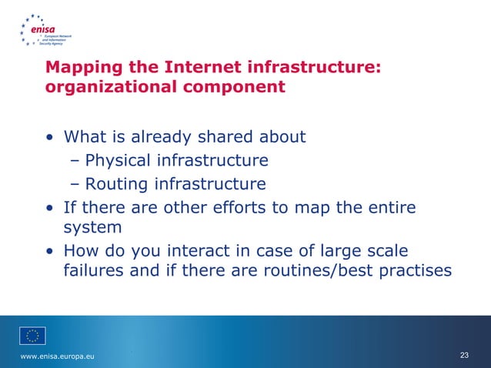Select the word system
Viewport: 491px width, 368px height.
point(92,229)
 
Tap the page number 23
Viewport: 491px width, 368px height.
point(463,355)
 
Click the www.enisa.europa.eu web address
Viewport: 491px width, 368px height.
point(58,355)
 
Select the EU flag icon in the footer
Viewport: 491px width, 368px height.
point(32,335)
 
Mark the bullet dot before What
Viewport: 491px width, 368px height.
point(50,139)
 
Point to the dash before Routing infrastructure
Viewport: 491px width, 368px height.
point(75,184)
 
